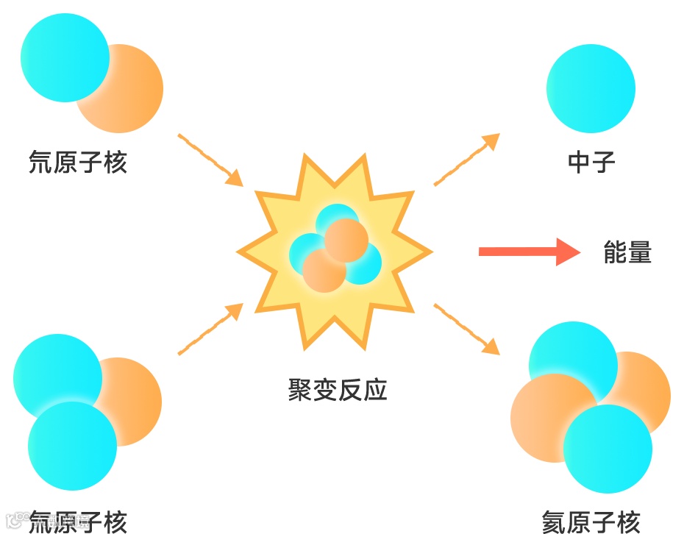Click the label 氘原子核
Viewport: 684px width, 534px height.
pyautogui.click(x=78, y=162)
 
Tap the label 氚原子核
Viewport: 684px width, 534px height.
pyautogui.click(x=78, y=522)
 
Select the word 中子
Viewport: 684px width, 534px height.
pyautogui.click(x=591, y=162)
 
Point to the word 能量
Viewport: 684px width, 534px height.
pyautogui.click(x=627, y=252)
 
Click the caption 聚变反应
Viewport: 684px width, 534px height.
pyautogui.click(x=338, y=390)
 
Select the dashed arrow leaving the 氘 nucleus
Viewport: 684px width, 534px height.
pyautogui.click(x=210, y=160)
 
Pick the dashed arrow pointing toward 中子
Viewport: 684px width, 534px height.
pyautogui.click(x=466, y=160)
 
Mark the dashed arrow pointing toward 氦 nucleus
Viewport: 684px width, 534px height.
pyautogui.click(x=466, y=329)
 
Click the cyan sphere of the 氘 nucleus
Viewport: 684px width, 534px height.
pyautogui.click(x=65, y=57)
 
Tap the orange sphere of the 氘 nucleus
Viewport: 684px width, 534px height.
pyautogui.click(x=132, y=92)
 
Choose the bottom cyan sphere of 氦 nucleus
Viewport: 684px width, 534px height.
pyautogui.click(x=608, y=449)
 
